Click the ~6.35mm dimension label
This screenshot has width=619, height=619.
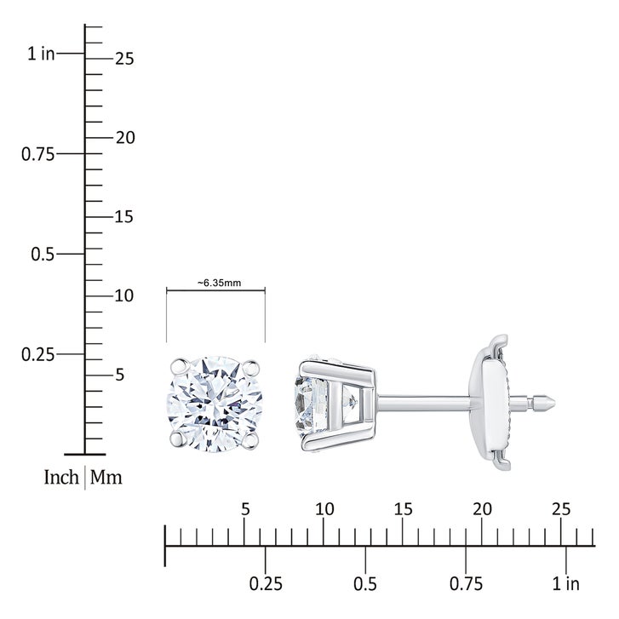[x=219, y=283]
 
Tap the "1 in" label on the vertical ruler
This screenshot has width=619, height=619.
[x=41, y=54]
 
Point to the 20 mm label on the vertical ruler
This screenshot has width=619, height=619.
[x=125, y=137]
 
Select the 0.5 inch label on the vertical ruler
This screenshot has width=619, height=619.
[x=43, y=254]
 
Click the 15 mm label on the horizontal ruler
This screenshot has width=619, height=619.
[x=403, y=509]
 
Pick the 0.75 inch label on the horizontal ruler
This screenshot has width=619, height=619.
[x=466, y=583]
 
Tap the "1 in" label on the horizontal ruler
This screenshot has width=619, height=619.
[x=565, y=583]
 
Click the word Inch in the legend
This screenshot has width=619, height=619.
[x=61, y=477]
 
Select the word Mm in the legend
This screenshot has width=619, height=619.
[x=106, y=477]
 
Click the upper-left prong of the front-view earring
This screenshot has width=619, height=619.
[x=179, y=367]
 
